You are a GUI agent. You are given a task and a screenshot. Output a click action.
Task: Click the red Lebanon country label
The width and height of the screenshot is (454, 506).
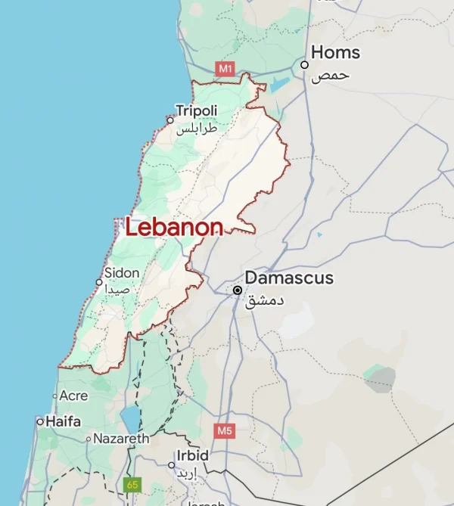coord(174,227)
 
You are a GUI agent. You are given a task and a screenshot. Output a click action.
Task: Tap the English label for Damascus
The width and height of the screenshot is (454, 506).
coord(289,278)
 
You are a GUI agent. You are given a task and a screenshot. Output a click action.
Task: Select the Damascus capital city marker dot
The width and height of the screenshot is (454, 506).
coord(238,290)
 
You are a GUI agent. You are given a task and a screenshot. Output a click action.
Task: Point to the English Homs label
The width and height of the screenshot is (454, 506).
coord(336,53)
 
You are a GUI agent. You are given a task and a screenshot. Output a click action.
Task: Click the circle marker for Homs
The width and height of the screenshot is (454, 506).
coord(305,65)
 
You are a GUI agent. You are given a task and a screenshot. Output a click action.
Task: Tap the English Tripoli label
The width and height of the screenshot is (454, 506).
coord(197,111)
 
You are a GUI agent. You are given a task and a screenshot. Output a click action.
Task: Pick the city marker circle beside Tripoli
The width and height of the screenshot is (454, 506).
coord(170,120)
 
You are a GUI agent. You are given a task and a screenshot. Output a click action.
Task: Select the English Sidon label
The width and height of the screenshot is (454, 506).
coord(122,273)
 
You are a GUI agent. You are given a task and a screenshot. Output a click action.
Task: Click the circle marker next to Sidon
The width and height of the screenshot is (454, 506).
coord(98,282)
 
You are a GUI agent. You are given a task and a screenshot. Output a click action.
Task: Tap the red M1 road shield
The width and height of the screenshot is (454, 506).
coord(225,69)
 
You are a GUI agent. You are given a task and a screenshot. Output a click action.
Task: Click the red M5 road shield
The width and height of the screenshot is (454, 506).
coord(224,431)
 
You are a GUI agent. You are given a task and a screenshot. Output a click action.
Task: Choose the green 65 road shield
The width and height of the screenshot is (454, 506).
coord(132,484)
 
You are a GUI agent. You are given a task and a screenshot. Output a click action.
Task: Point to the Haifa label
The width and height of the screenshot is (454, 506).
coord(64,421)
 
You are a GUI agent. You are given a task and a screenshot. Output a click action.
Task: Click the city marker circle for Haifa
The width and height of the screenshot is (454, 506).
coord(40,421)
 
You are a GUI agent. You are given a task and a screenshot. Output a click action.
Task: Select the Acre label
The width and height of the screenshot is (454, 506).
coord(73,396)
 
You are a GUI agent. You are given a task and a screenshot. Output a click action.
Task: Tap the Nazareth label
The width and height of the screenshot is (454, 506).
coord(121,439)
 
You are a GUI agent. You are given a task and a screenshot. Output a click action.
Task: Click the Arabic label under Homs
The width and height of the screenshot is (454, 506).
coord(334,75)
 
